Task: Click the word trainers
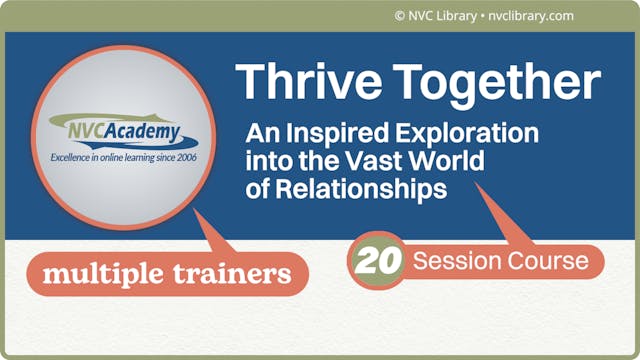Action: coord(234,271)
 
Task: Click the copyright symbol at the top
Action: coord(400,15)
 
